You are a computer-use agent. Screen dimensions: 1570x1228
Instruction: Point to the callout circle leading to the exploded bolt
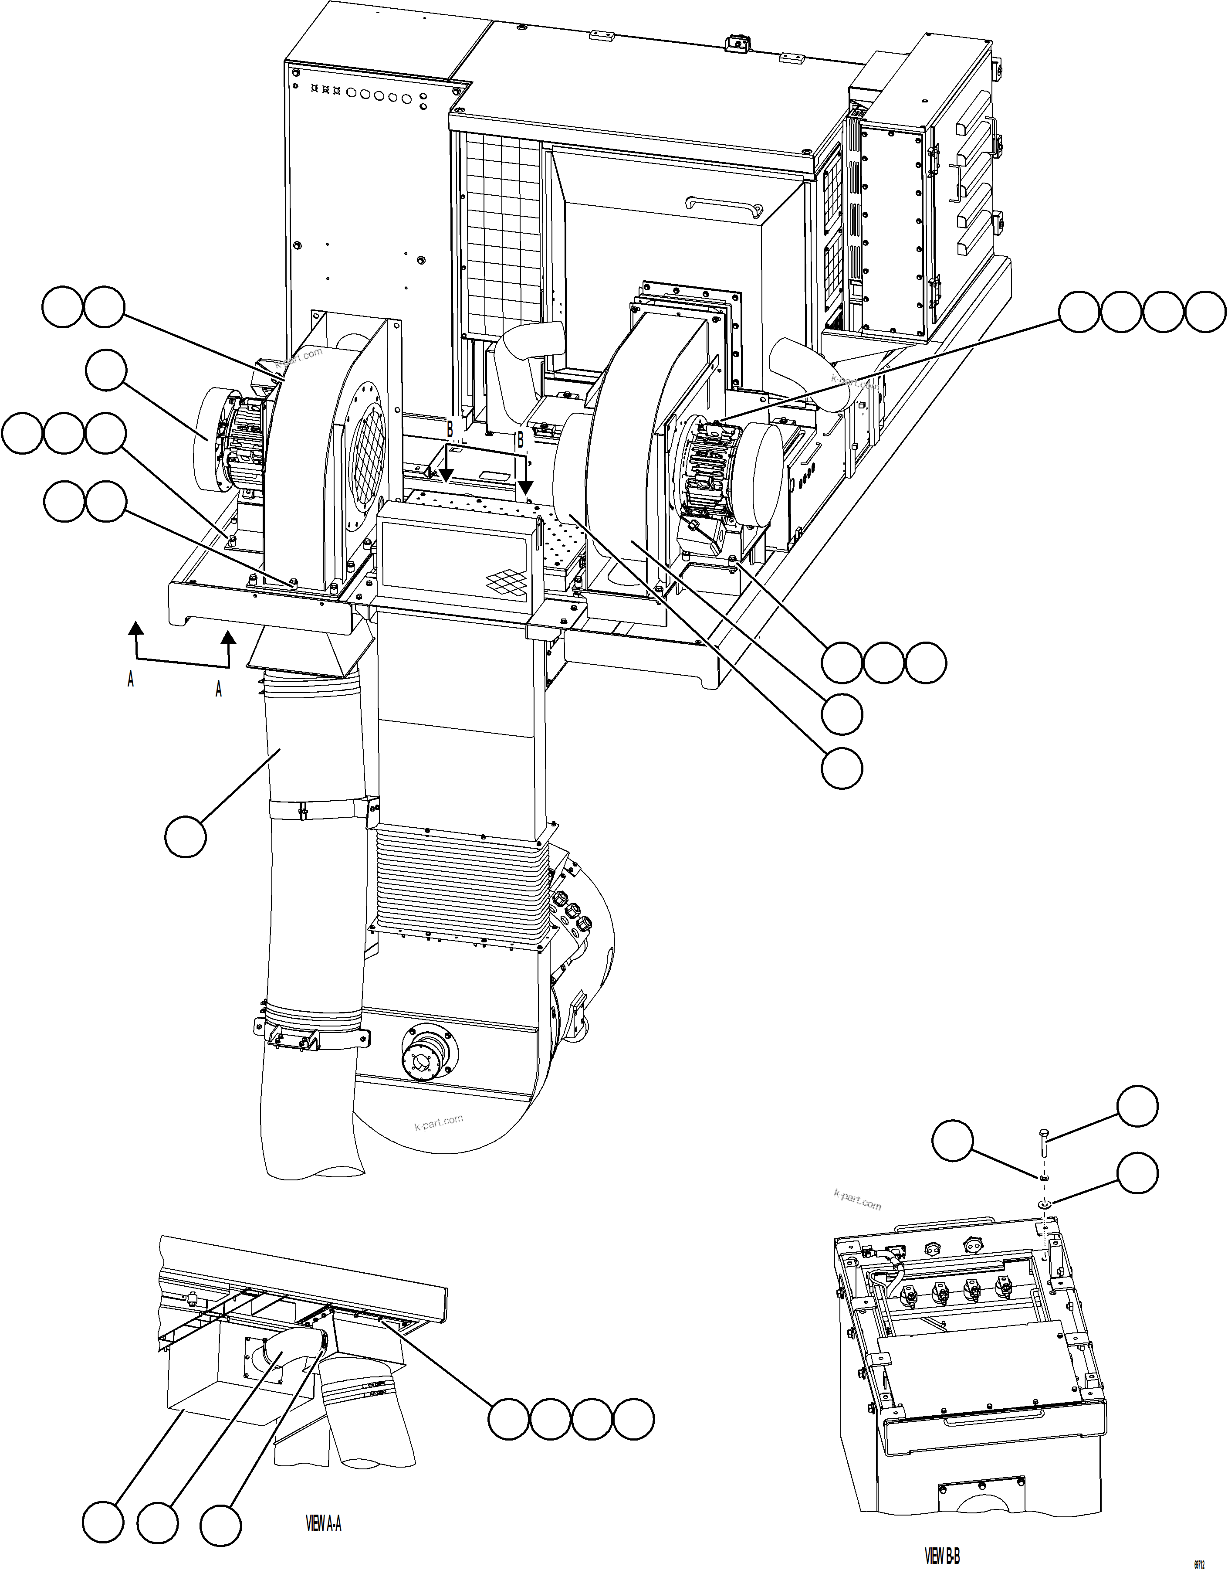point(1137,1107)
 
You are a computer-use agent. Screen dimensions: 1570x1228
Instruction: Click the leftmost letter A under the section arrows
point(130,679)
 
